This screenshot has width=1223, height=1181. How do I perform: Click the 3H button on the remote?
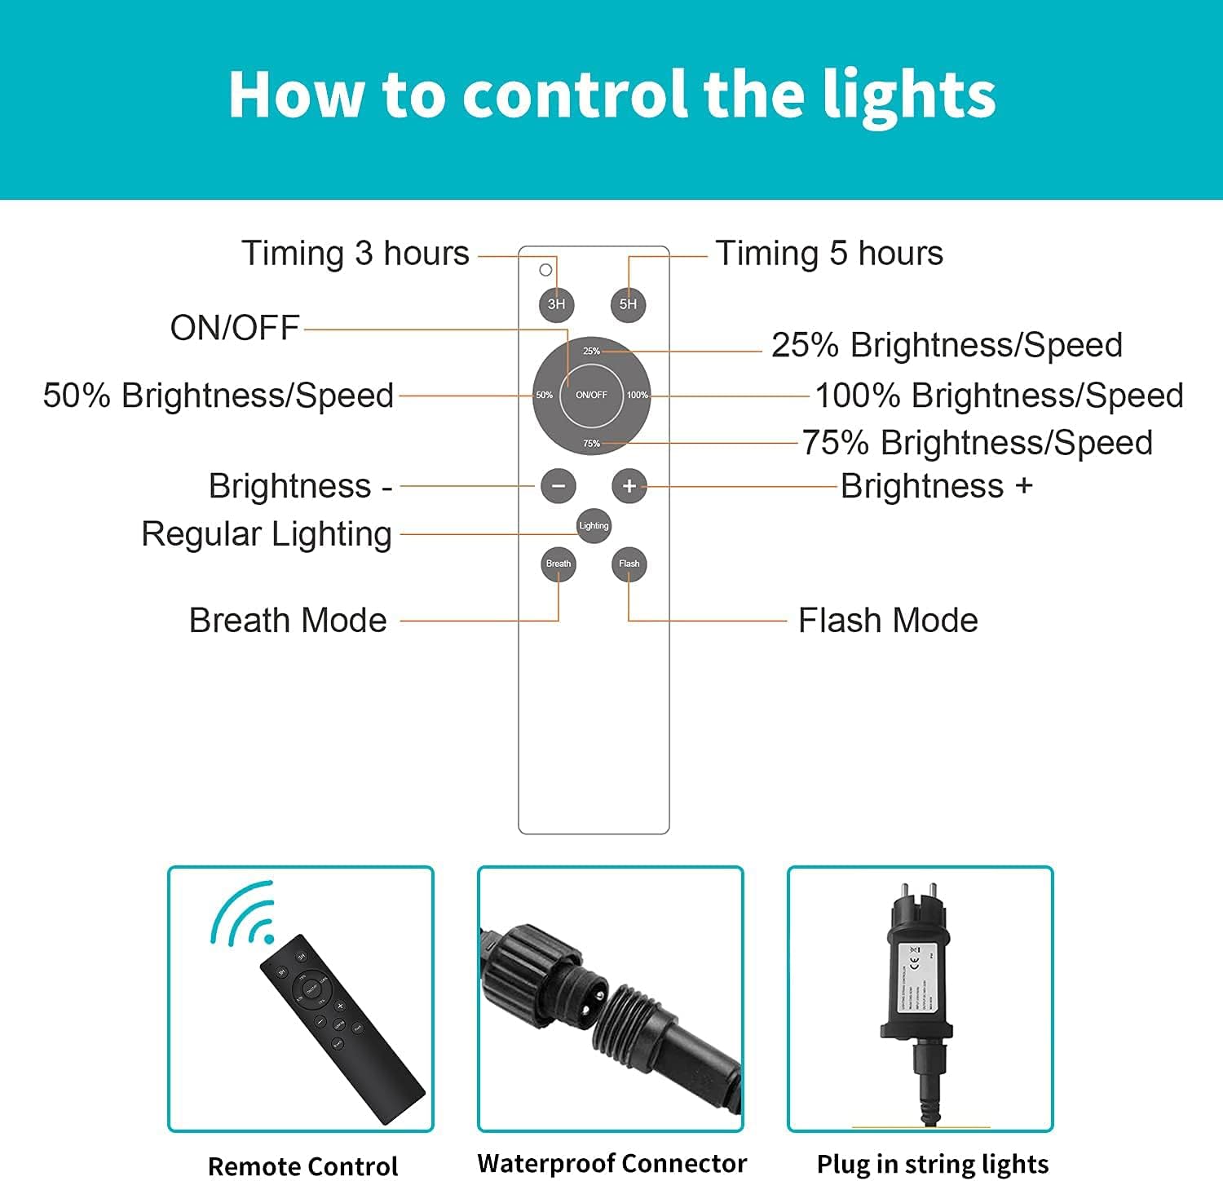coord(556,304)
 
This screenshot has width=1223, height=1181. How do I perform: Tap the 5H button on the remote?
coord(628,304)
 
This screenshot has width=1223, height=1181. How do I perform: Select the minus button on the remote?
coord(559,486)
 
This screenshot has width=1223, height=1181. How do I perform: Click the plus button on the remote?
coord(629,486)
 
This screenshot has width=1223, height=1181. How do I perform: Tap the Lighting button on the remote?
coord(594,525)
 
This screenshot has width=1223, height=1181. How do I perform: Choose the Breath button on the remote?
coord(559,564)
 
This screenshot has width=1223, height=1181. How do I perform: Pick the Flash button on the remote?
coord(629,564)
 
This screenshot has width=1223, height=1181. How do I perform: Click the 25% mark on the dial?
coord(591,352)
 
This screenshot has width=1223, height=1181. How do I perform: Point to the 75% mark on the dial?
coord(591,444)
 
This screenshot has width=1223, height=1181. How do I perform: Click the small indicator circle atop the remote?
coord(545,270)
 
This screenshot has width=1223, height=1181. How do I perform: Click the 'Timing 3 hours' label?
coord(355,254)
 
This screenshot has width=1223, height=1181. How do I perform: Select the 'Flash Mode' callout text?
coord(888,621)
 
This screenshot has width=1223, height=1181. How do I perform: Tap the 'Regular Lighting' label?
coord(267,534)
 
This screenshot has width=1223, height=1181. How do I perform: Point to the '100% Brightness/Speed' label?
coord(999,396)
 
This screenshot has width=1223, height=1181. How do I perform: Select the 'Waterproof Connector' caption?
coord(611,1163)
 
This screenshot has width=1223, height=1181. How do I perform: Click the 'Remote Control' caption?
coord(302,1166)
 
